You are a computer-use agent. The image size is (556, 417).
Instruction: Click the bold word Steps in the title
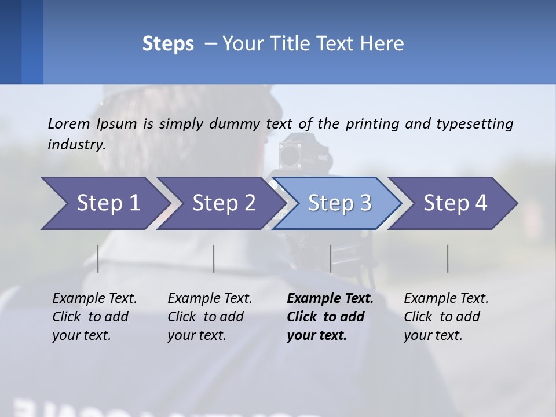[x=168, y=44]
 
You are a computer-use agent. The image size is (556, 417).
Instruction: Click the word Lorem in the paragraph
[x=69, y=123]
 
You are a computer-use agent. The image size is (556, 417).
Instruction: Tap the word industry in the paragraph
[x=76, y=145]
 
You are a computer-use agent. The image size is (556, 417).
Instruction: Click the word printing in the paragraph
[x=374, y=124]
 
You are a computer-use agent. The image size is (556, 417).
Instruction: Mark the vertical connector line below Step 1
[x=98, y=258]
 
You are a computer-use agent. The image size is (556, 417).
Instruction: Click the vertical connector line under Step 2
[x=214, y=258]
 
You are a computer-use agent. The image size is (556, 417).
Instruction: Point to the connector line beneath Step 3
[x=331, y=258]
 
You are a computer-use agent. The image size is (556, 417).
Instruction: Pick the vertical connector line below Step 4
[x=448, y=258]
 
